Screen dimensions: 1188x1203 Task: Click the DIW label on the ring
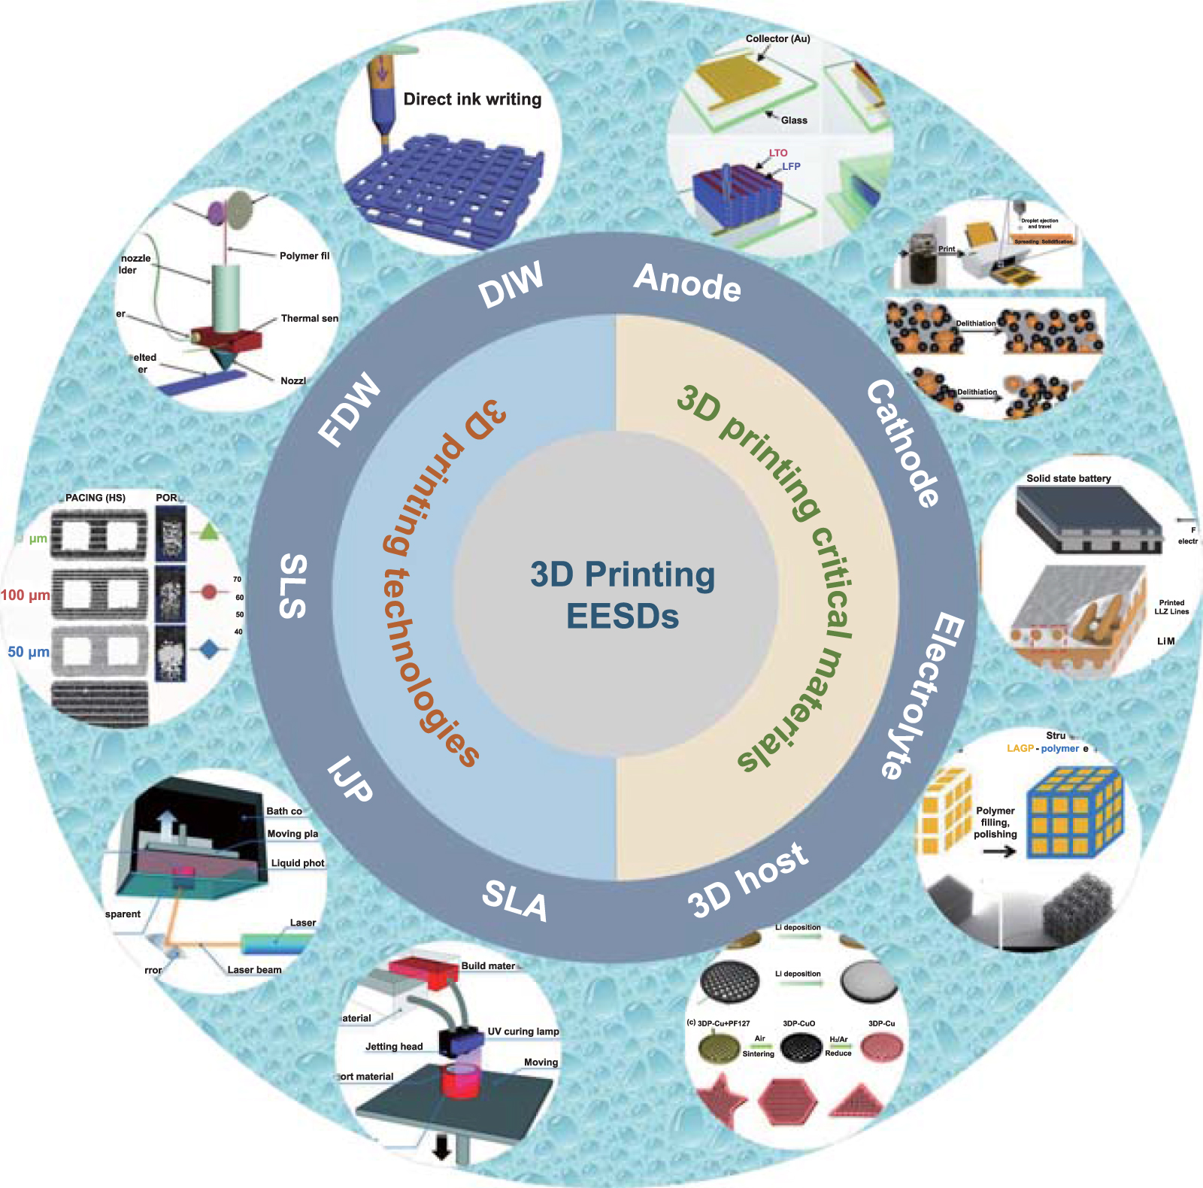[511, 285]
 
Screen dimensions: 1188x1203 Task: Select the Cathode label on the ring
[902, 443]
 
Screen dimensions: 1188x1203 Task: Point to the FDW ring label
[349, 410]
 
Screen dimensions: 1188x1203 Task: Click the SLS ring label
[292, 586]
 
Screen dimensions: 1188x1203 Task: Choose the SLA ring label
[515, 899]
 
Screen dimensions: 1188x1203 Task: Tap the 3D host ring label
[748, 880]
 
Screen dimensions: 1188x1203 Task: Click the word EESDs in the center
[623, 617]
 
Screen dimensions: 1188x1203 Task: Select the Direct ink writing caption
[472, 99]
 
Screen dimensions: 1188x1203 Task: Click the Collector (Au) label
[777, 38]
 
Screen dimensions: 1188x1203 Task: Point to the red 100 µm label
[26, 596]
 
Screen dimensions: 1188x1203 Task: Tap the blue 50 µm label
[29, 652]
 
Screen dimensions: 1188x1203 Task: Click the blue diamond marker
[210, 650]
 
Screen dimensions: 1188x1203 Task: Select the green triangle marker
[208, 534]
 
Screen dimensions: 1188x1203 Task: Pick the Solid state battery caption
[1068, 478]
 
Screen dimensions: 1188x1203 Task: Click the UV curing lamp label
[523, 1032]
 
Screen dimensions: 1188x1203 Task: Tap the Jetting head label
[394, 1047]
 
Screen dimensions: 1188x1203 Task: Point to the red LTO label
[778, 153]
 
